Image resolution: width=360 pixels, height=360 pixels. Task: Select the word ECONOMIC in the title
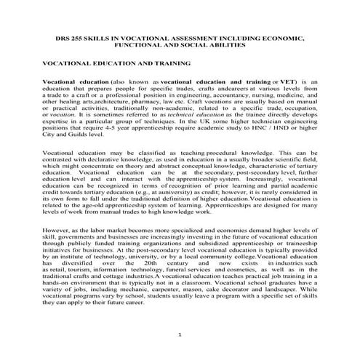[279, 36]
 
